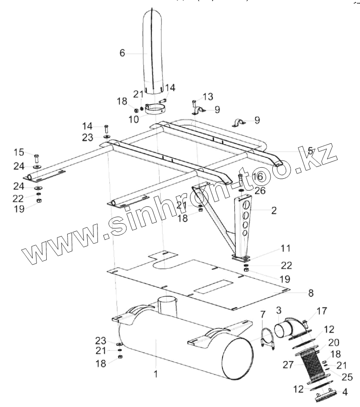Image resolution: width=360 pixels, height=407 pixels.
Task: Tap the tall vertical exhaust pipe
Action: [153, 53]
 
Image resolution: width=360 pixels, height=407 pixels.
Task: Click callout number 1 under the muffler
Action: [155, 374]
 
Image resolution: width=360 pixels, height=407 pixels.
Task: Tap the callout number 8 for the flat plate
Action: [311, 293]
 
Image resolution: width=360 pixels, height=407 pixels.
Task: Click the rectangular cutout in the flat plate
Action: [213, 287]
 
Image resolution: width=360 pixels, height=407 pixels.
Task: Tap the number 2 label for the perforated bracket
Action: [274, 210]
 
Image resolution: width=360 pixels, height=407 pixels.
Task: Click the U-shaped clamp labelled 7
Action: [267, 338]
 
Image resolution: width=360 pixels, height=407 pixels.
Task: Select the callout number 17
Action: [321, 310]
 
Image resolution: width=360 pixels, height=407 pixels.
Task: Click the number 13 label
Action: [208, 97]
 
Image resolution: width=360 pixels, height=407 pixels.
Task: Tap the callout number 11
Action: [285, 247]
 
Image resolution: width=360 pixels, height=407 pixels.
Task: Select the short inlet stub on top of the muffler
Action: [168, 306]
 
